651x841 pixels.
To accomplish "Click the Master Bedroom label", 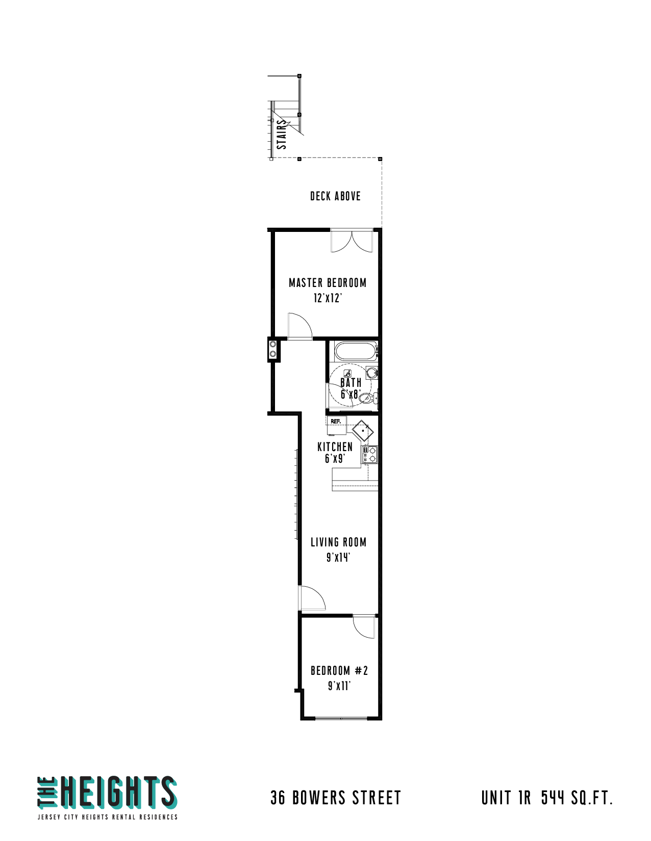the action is tap(327, 282).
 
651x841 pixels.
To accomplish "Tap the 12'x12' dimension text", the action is tap(328, 298).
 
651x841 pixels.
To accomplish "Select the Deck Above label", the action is tap(335, 196).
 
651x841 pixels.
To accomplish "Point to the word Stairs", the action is tap(282, 134).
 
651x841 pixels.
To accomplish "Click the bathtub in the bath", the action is tap(355, 351).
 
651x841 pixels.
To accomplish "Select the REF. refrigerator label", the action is tap(335, 421).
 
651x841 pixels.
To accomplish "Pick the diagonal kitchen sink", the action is tap(362, 430).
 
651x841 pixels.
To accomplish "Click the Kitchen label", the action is tap(335, 446).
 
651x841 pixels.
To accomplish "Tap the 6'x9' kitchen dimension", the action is tap(335, 459).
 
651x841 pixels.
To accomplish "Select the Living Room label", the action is tap(338, 542).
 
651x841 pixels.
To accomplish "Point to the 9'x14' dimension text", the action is tap(338, 557).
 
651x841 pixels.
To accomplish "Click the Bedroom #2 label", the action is tap(339, 670).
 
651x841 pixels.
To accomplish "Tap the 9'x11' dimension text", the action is tap(339, 686).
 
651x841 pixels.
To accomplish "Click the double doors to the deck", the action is tap(351, 241).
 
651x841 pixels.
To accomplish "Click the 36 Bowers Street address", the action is tap(335, 798).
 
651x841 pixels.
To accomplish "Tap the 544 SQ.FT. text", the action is tap(577, 798).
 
